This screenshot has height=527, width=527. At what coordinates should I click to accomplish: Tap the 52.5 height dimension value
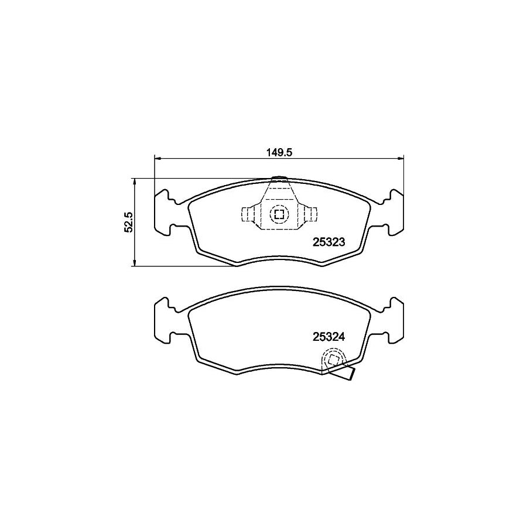coord(129,223)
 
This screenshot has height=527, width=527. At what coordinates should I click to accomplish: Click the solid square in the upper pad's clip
coord(279,214)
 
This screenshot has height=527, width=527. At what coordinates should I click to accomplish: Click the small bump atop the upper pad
coord(279,178)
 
